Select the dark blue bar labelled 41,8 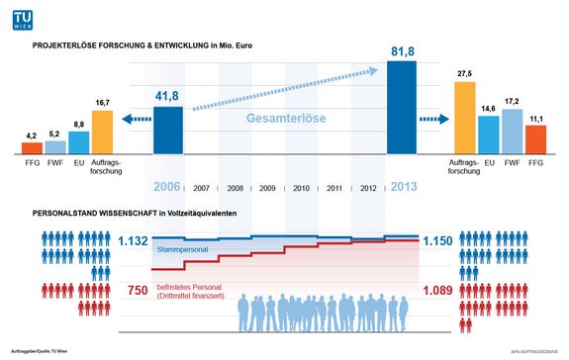point(168,131)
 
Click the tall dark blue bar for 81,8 point(401,108)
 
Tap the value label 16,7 point(102,103)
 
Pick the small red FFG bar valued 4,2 point(32,148)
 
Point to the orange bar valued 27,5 point(464,118)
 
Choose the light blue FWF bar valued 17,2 point(512,132)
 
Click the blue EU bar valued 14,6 point(488,135)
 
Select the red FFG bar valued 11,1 point(535,139)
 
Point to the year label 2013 point(401,186)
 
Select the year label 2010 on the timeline point(301,187)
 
